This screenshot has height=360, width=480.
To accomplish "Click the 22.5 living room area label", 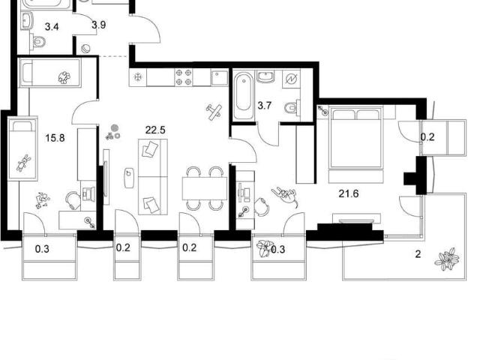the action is click(x=155, y=130).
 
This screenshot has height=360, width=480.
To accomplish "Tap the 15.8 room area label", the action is click(x=55, y=138).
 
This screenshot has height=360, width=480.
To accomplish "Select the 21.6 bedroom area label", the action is click(x=349, y=193).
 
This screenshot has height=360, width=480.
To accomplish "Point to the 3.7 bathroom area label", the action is click(x=265, y=106).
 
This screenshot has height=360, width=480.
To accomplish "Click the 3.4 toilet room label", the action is click(x=52, y=27).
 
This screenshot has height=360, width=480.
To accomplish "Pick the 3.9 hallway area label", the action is click(x=99, y=25).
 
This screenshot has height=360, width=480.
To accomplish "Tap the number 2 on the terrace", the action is click(x=418, y=254).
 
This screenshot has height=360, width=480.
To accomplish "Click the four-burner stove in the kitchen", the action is click(x=184, y=77).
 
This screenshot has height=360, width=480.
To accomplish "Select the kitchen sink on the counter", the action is click(x=219, y=78).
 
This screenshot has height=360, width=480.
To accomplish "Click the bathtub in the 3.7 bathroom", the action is click(x=244, y=95).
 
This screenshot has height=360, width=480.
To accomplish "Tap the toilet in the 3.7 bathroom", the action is click(x=292, y=107).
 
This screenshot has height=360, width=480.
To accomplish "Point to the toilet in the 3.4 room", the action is click(x=38, y=41).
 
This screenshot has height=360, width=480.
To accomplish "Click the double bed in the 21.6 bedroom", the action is click(x=356, y=137).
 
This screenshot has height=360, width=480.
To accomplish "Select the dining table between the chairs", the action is click(x=205, y=188).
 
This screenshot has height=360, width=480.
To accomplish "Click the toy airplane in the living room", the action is click(x=214, y=112).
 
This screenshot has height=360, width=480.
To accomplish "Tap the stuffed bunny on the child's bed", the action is click(x=23, y=163).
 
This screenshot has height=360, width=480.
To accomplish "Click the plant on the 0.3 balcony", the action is click(x=265, y=248).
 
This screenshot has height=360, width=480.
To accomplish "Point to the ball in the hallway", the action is click(x=85, y=49).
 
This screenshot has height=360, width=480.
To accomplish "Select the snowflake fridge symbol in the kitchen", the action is click(x=138, y=77).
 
